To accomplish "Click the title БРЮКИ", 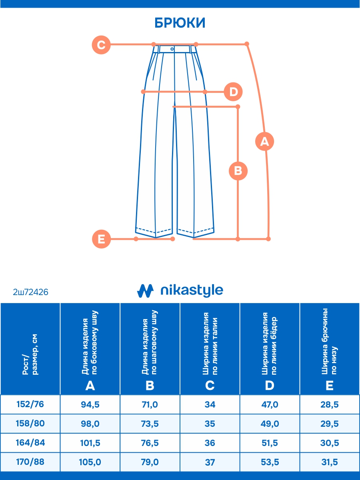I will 180,23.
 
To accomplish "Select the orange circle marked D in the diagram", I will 233,92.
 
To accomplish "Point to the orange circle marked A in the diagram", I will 264,141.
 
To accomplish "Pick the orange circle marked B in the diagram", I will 238,171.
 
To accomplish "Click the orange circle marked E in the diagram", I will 101,239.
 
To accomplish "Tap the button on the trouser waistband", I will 172,49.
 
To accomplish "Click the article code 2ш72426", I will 31,293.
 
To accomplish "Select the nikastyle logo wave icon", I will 145,291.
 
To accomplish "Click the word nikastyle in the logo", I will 191,291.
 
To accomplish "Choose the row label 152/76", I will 30,404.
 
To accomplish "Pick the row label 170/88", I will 30,462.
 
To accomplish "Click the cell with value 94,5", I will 90,405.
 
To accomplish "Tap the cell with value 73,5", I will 150,424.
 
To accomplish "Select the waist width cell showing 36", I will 210,443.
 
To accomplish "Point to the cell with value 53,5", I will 270,462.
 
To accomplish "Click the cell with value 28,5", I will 330,405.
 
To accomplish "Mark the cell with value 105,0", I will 90,462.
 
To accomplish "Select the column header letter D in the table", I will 270,386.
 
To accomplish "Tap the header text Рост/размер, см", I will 30,356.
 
